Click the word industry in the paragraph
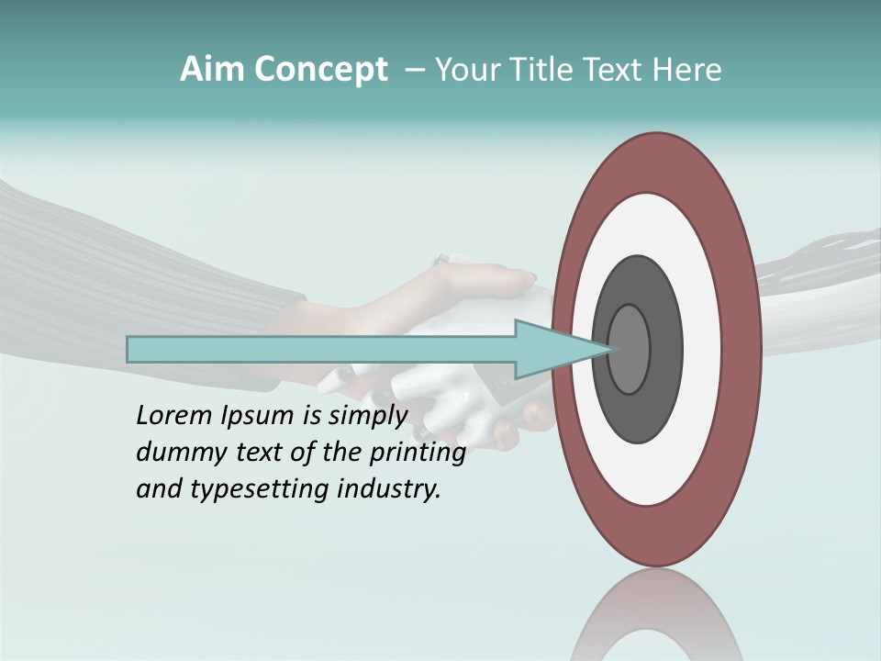389,489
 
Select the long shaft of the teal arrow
321,350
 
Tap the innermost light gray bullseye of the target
629,349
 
